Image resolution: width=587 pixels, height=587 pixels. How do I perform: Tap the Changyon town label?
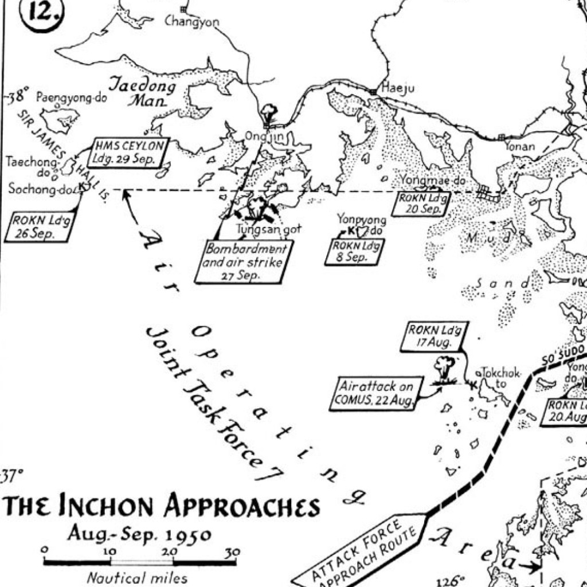[x=191, y=22]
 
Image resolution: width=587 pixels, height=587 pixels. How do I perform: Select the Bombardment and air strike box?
[x=245, y=261]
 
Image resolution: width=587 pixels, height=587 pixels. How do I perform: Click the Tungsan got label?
[x=269, y=229]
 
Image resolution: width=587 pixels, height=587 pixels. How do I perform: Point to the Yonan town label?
[x=519, y=147]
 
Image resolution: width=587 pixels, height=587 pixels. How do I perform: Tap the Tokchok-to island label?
[x=501, y=377]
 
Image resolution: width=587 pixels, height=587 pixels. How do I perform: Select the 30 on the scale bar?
[x=232, y=553]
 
